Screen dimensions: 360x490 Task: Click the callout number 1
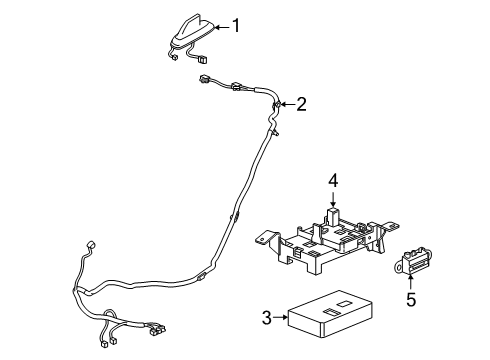[236, 27]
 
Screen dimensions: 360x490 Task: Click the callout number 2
[300, 103]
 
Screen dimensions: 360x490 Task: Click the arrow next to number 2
[287, 103]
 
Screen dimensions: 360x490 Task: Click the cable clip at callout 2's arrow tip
[277, 103]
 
